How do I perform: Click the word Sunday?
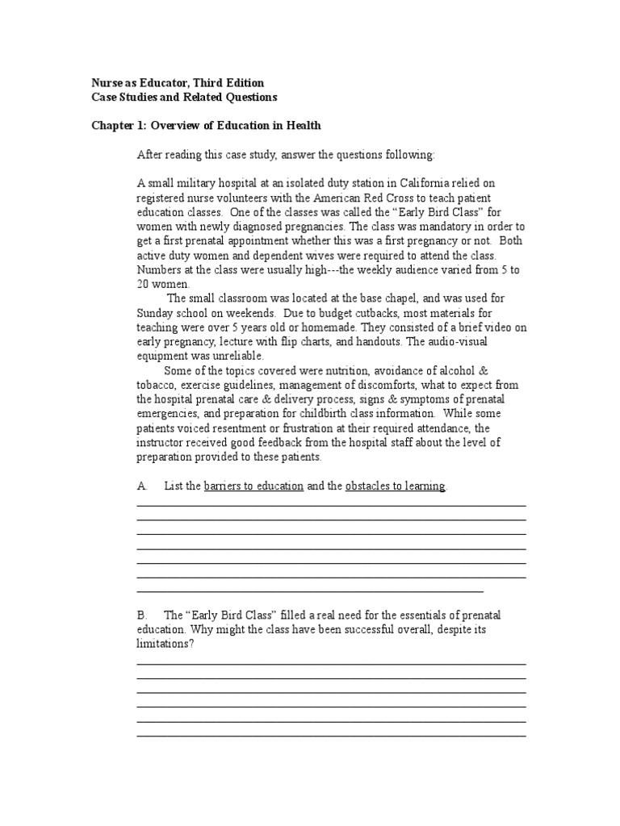(155, 312)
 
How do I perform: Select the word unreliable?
(237, 356)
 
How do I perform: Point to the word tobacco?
(155, 385)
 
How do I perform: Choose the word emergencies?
(167, 414)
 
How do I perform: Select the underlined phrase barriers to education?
(253, 486)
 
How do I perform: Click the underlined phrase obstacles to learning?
(395, 486)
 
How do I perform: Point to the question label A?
(142, 486)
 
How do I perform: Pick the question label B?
(142, 615)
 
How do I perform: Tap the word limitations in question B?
(165, 644)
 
